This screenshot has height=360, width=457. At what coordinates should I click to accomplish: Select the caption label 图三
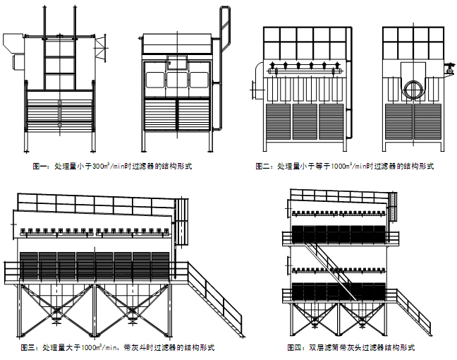pyautogui.click(x=30, y=348)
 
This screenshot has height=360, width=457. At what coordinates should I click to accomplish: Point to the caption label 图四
pyautogui.click(x=295, y=348)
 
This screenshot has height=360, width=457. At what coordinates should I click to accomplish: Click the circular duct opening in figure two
pyautogui.click(x=413, y=88)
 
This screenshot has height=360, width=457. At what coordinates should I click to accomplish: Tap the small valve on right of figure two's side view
pyautogui.click(x=449, y=68)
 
